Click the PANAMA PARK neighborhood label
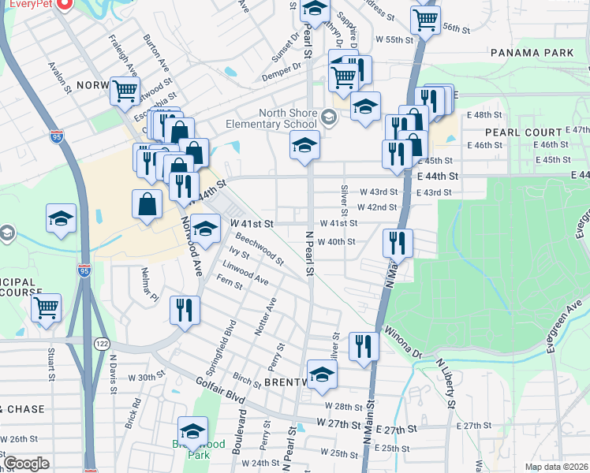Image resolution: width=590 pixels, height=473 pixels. point(530,53)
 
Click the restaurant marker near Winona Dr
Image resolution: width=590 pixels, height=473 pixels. point(364,346)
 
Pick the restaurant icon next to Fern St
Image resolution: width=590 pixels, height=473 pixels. point(185,309)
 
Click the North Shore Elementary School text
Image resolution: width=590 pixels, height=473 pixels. point(271,118)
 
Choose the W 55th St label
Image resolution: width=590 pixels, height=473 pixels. point(394,39)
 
